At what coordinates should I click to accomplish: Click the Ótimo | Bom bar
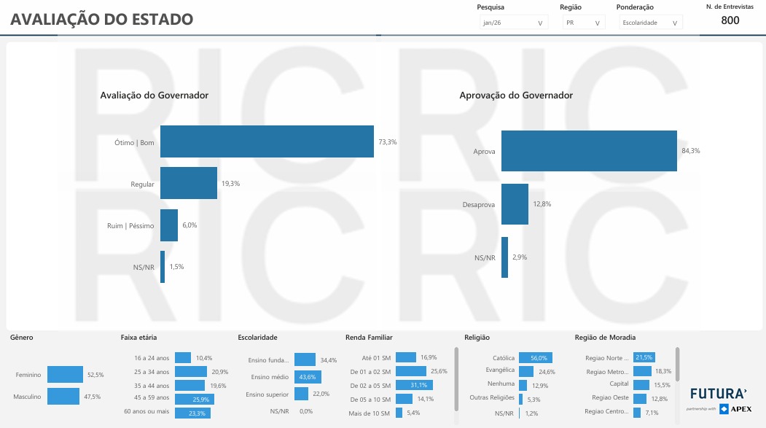pos(267,141)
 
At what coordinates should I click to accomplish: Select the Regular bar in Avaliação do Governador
pos(189,184)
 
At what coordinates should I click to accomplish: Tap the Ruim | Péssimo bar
pos(169,225)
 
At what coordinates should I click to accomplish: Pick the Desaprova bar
pos(515,204)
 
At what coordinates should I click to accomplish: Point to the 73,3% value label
pos(387,142)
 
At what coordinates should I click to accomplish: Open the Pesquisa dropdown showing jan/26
pos(513,23)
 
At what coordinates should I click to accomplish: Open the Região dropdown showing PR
pos(583,23)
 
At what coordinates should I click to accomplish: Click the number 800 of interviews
pos(730,20)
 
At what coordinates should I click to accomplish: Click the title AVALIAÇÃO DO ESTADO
pos(102,20)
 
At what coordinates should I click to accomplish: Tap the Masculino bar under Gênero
pos(63,397)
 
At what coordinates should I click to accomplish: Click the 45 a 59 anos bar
pos(193,398)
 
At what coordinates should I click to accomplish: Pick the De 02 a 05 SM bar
pos(414,385)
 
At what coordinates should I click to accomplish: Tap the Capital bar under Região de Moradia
pos(641,384)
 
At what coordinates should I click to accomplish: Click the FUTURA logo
pos(718,393)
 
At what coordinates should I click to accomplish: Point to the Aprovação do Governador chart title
pos(516,96)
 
